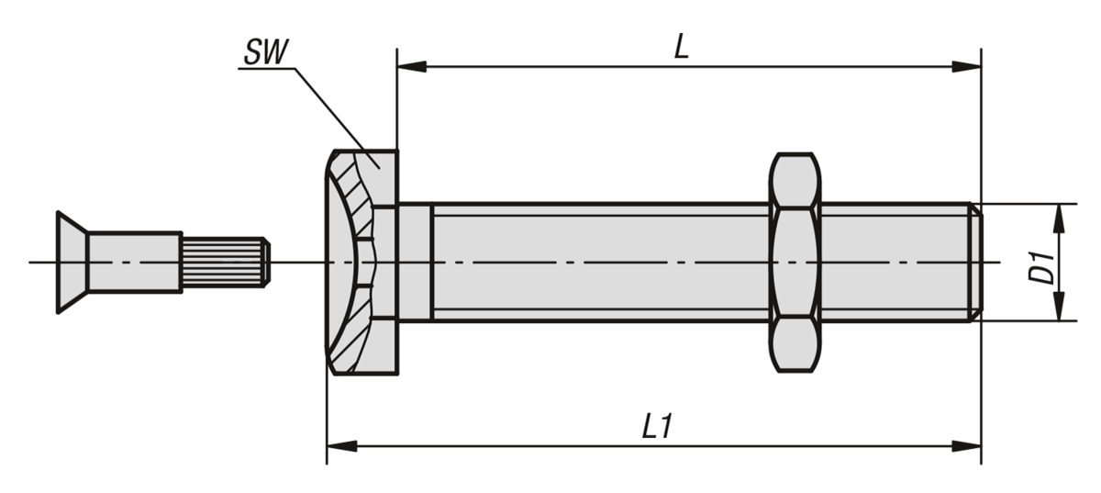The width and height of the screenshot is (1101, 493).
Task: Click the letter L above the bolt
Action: [x=680, y=48]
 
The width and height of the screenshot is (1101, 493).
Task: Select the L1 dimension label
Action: [x=654, y=427]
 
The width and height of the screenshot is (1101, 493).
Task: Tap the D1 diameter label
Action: [x=1040, y=263]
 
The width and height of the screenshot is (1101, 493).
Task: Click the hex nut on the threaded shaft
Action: [x=795, y=263]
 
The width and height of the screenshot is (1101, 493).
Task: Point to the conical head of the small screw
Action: [x=72, y=263]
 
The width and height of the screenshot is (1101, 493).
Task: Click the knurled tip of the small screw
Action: [x=224, y=263]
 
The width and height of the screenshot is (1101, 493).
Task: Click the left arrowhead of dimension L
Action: [x=412, y=67]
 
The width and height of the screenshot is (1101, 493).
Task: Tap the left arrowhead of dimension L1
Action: [x=342, y=446]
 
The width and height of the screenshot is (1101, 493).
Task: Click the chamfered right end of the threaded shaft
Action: [x=976, y=263]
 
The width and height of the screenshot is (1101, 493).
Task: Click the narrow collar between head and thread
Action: [x=414, y=263]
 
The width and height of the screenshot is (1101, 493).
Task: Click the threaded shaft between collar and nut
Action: [x=596, y=263]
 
